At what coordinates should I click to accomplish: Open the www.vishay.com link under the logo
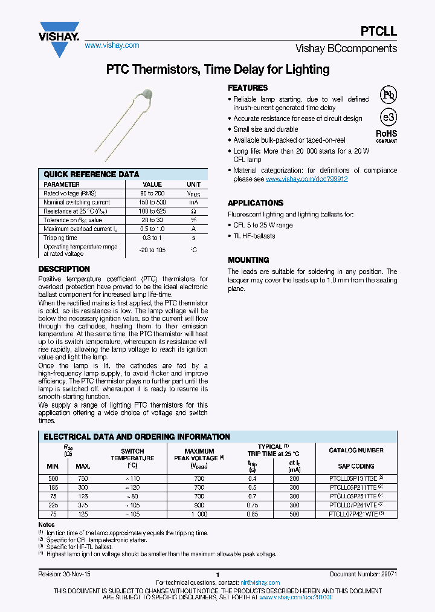[x=112, y=45]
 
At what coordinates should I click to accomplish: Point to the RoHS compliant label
[x=387, y=135]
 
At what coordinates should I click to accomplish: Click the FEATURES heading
[x=248, y=88]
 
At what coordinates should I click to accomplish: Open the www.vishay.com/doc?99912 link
[x=307, y=179]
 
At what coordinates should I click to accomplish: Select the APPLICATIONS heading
[x=256, y=203]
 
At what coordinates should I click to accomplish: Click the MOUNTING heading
[x=248, y=260]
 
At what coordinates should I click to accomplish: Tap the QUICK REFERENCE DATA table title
[x=92, y=174]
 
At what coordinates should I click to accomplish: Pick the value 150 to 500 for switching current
[x=152, y=202]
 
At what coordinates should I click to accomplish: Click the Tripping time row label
[x=60, y=238]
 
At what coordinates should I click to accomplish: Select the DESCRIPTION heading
[x=64, y=269]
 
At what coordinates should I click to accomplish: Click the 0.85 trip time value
[x=252, y=514]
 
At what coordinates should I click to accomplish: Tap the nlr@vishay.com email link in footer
[x=260, y=583]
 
